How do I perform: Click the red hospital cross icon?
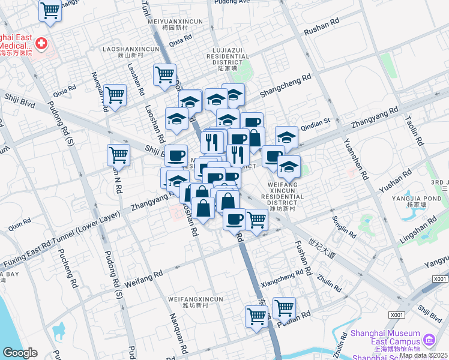pyautogui.click(x=41, y=43)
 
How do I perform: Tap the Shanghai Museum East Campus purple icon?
pyautogui.click(x=428, y=340)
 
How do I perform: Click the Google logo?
pyautogui.click(x=20, y=353)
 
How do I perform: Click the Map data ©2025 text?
pyautogui.click(x=424, y=355)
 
